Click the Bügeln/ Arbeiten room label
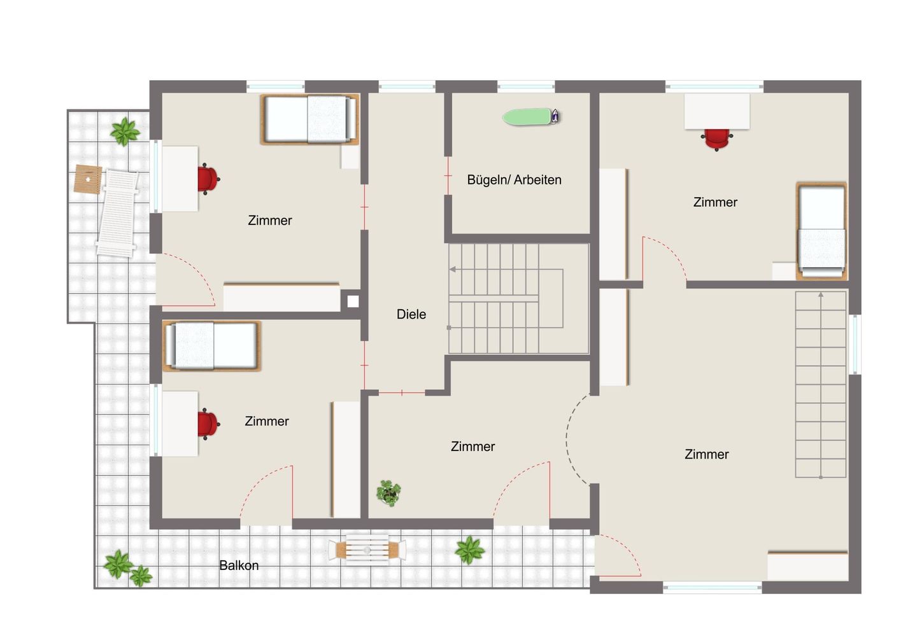click(514, 179)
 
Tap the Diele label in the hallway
click(411, 314)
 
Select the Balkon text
click(239, 565)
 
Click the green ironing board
click(527, 116)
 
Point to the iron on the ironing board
click(555, 116)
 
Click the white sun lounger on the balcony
click(117, 213)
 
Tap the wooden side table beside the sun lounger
click(87, 179)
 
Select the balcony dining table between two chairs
click(367, 550)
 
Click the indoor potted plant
click(388, 492)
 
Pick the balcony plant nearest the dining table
click(469, 550)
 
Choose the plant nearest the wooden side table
click(125, 131)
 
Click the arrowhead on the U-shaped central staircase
click(453, 269)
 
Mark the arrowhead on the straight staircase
click(821, 294)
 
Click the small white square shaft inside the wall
click(353, 301)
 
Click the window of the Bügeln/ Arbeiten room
click(526, 86)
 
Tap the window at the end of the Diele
click(407, 86)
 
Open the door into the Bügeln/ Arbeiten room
click(448, 176)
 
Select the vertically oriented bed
click(822, 231)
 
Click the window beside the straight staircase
click(855, 344)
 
